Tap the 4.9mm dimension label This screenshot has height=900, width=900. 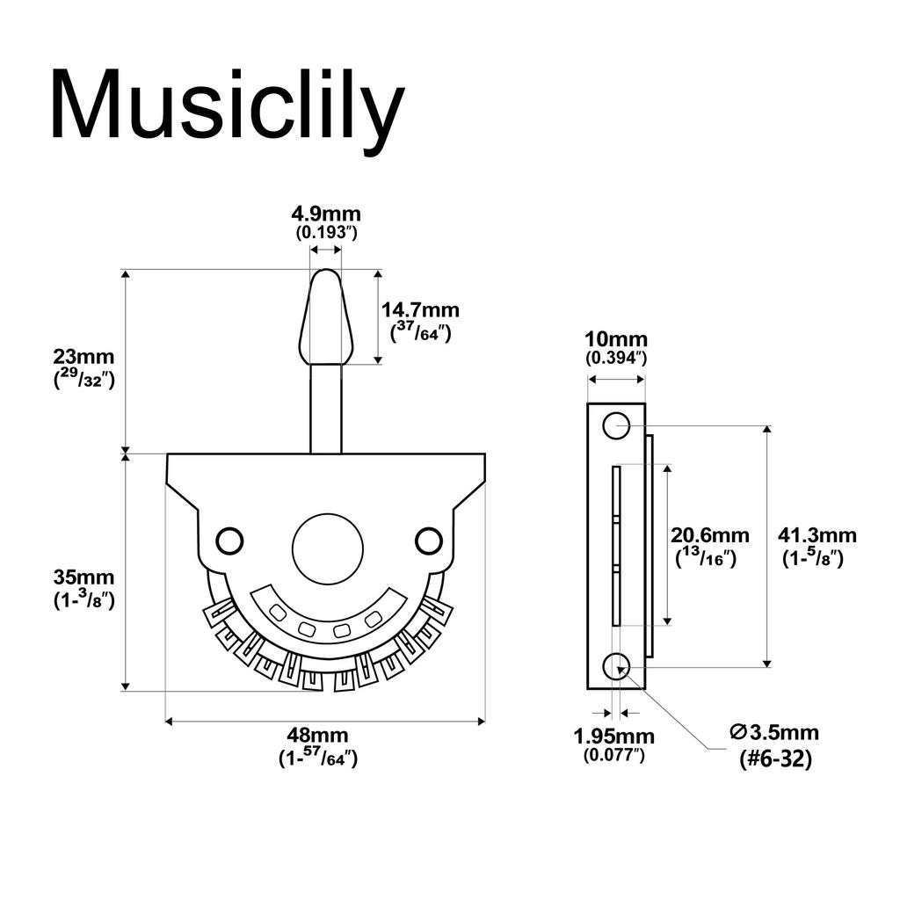click(x=326, y=214)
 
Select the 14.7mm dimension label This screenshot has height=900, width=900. click(x=420, y=310)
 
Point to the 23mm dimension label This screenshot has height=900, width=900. click(x=84, y=358)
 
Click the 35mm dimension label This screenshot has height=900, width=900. click(x=84, y=578)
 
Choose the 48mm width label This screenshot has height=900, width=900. click(x=317, y=736)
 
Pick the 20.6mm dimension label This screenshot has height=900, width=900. click(x=710, y=535)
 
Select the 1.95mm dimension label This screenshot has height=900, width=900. click(x=614, y=736)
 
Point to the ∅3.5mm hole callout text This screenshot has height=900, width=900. click(x=774, y=732)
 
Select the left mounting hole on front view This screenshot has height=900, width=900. click(x=229, y=541)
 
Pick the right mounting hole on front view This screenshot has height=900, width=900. click(x=428, y=541)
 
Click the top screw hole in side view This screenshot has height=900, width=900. click(x=615, y=425)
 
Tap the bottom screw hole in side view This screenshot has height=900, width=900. click(x=615, y=667)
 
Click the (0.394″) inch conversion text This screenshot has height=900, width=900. click(x=616, y=359)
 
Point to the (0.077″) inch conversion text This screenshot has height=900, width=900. click(x=614, y=755)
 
